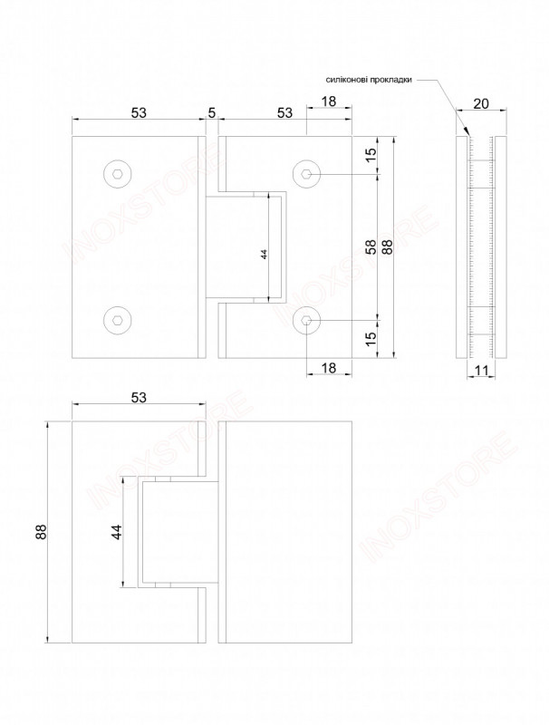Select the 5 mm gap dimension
coord(212,112)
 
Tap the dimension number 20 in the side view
coord(481,103)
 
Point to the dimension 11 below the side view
coord(481,370)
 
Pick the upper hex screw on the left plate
coord(118,174)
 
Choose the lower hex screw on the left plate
coord(118,320)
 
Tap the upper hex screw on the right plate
coord(307,174)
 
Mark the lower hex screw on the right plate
coord(307,320)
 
